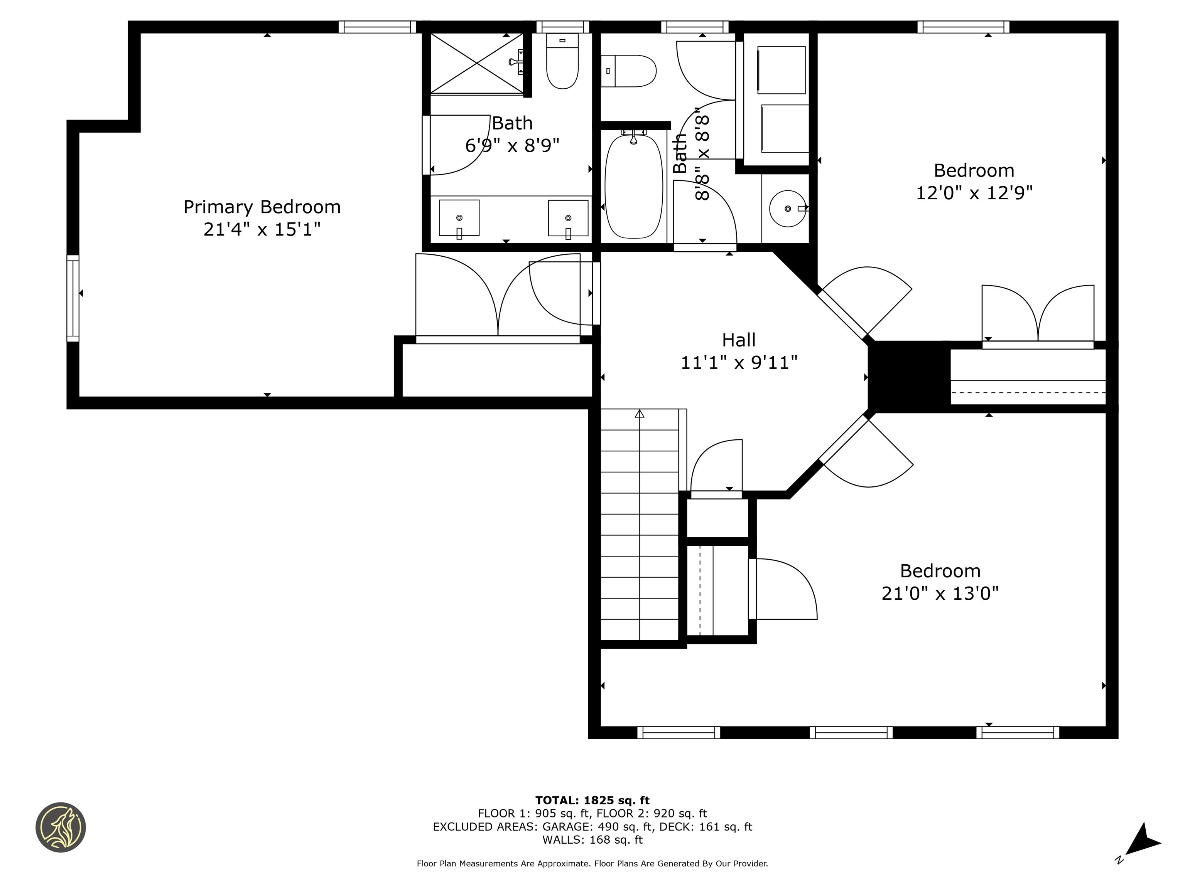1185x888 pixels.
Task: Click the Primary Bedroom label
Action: pyautogui.click(x=262, y=207)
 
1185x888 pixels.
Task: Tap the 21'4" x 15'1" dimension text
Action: pyautogui.click(x=262, y=230)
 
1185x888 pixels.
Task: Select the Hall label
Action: pyautogui.click(x=738, y=340)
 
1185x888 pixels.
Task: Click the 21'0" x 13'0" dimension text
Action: pyautogui.click(x=940, y=593)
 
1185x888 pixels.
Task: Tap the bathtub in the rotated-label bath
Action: pyautogui.click(x=633, y=186)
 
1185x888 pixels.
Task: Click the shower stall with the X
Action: pyautogui.click(x=477, y=63)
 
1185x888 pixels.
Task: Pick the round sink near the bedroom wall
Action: pyautogui.click(x=788, y=208)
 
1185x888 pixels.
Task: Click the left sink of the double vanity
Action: pyautogui.click(x=459, y=218)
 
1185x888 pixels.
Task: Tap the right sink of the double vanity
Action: pyautogui.click(x=568, y=218)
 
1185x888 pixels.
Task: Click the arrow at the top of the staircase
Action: pyautogui.click(x=639, y=414)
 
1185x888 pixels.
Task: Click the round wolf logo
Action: pyautogui.click(x=61, y=827)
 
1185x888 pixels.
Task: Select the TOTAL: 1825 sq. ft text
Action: pyautogui.click(x=592, y=800)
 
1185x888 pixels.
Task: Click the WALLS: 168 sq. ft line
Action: pyautogui.click(x=592, y=840)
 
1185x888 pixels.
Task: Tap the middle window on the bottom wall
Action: pyautogui.click(x=851, y=732)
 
